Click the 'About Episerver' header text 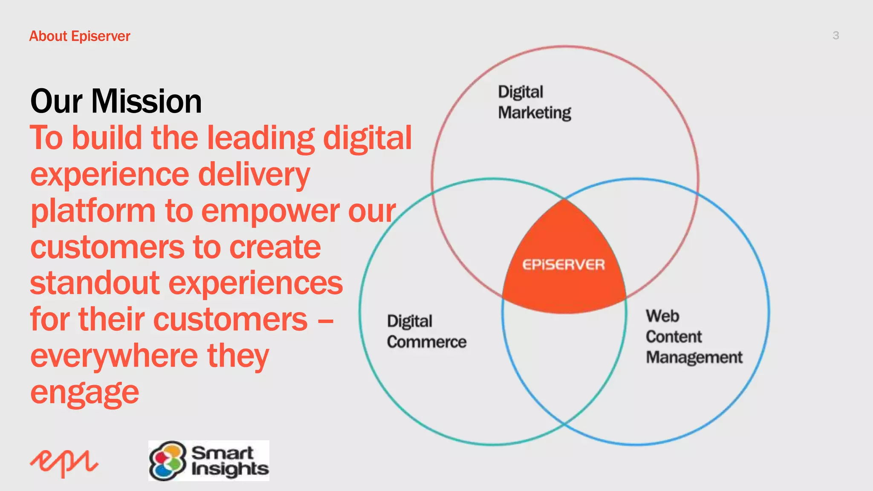click(80, 36)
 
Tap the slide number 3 click(835, 35)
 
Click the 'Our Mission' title click(116, 101)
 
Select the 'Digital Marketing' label click(534, 102)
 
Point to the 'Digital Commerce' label click(426, 332)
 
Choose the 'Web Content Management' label click(694, 337)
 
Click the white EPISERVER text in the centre click(564, 265)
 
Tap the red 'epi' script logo click(64, 463)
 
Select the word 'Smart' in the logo click(223, 453)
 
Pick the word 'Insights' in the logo click(230, 469)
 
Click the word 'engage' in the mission click(84, 393)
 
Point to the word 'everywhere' click(114, 356)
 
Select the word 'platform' click(93, 212)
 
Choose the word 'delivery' click(254, 175)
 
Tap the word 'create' click(275, 248)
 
